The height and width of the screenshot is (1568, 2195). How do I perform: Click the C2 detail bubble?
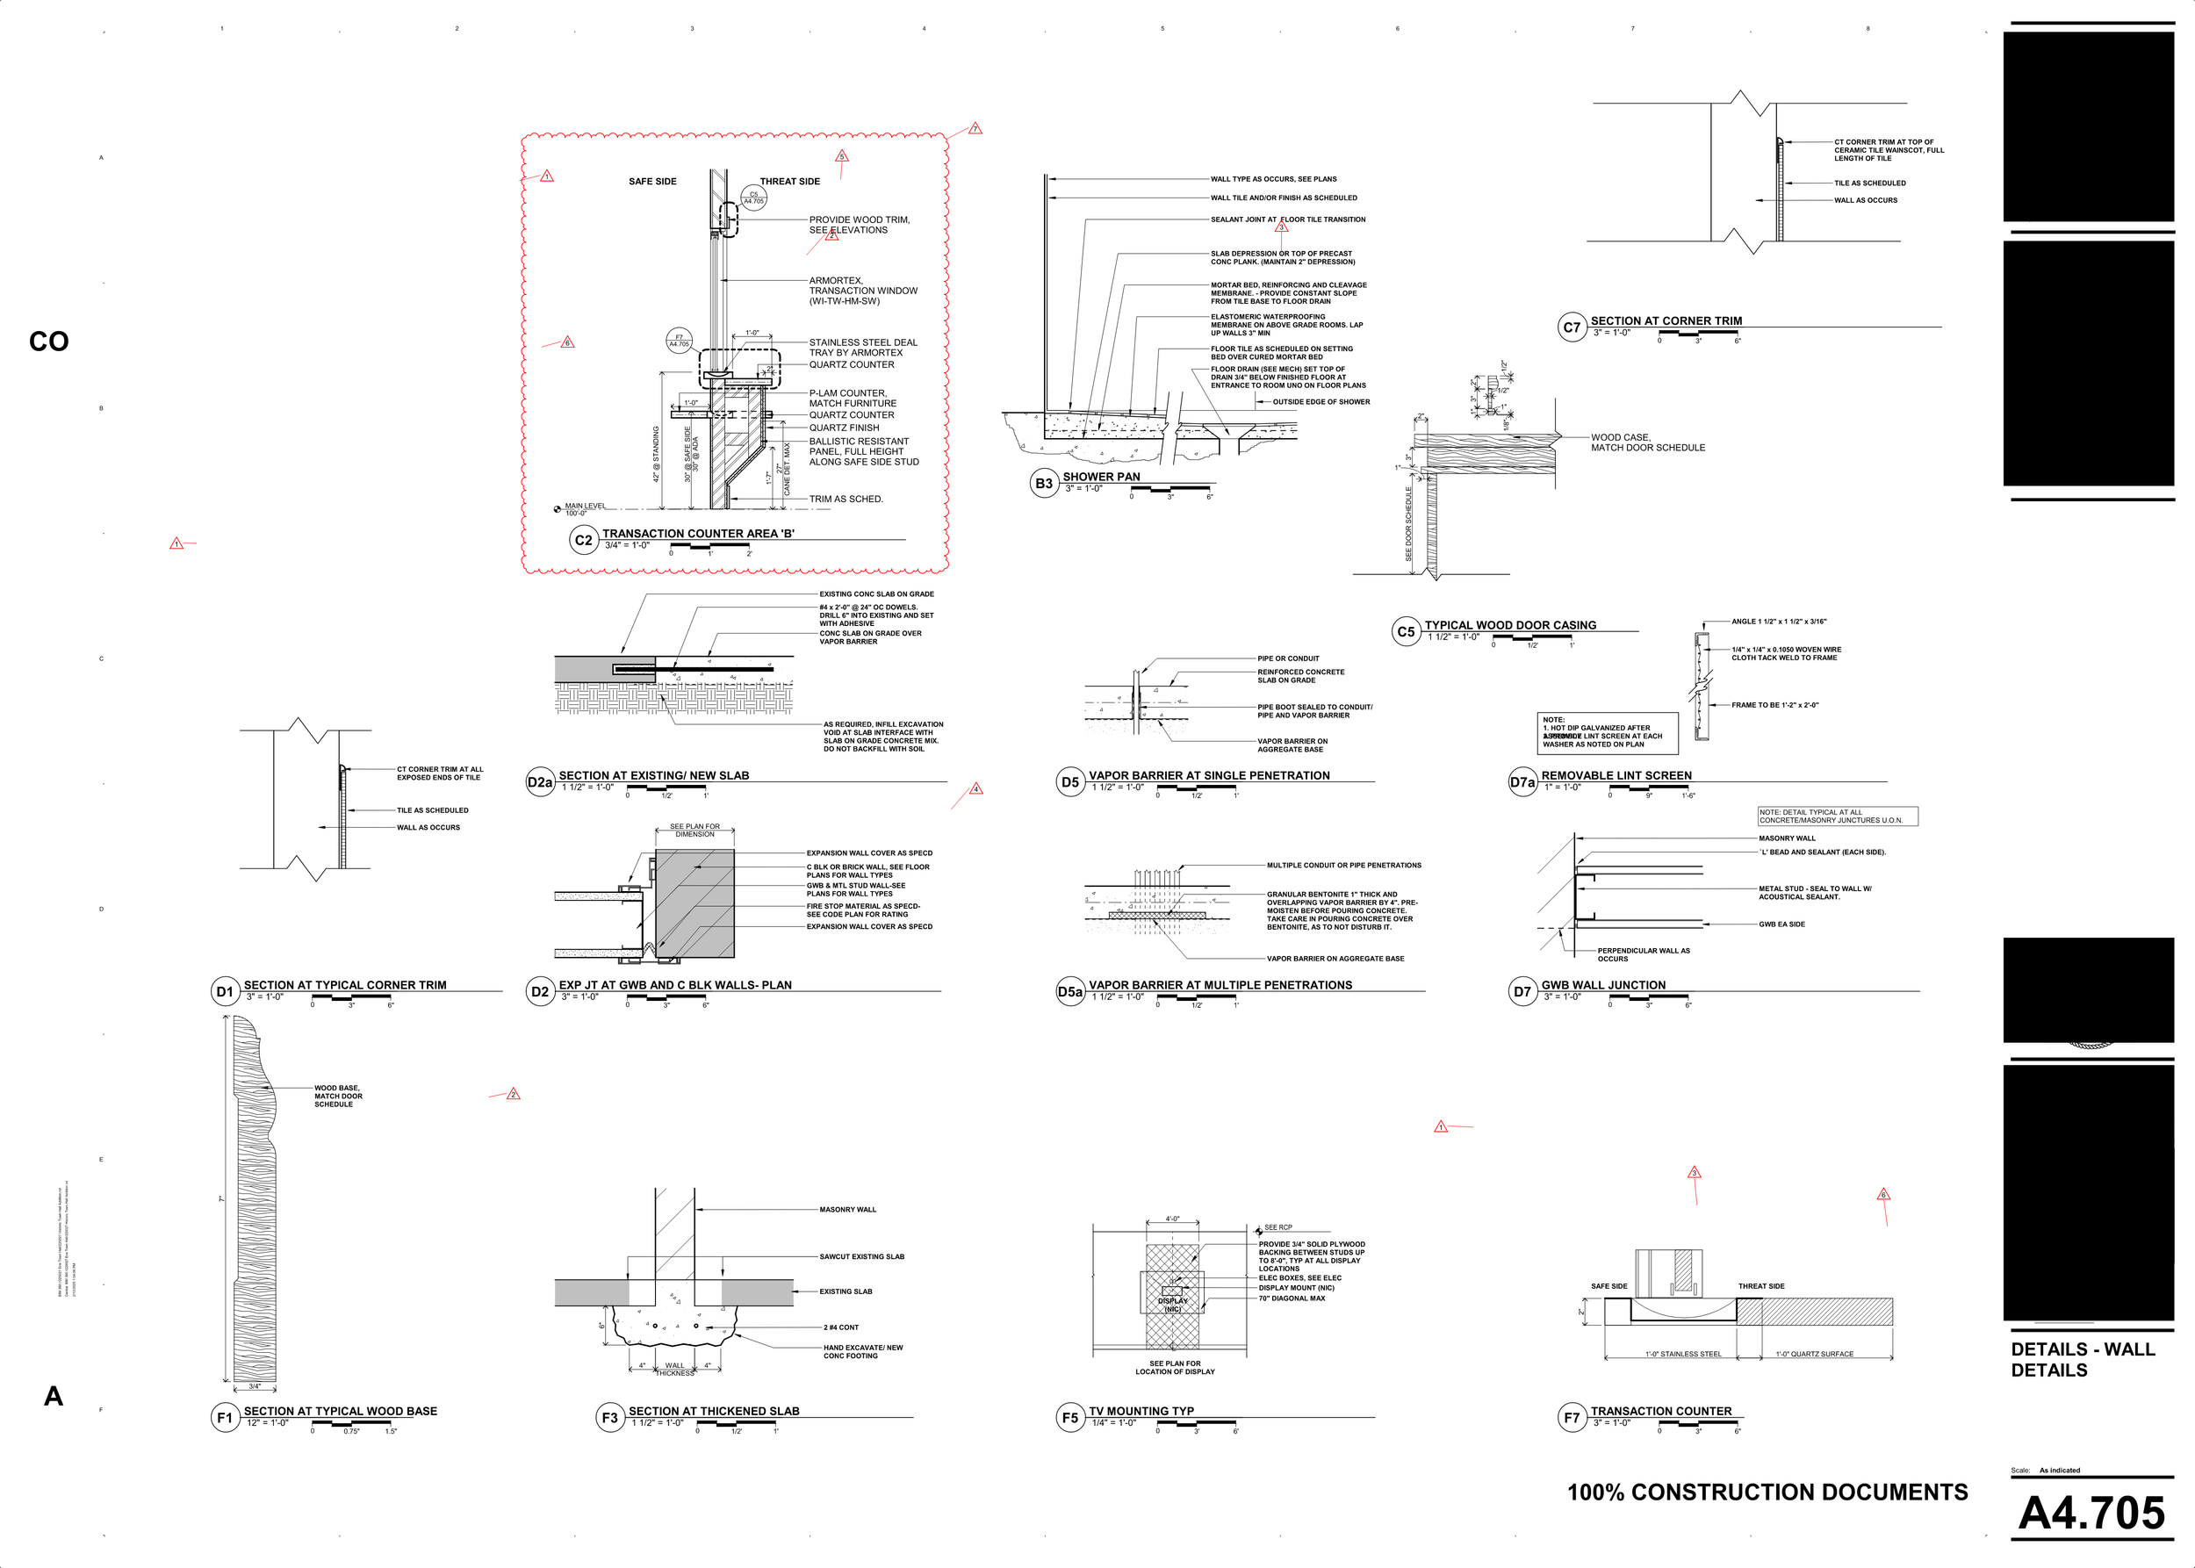583,540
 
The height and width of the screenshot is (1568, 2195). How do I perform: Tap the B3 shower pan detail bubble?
1044,484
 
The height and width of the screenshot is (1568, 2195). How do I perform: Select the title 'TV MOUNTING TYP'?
1141,1411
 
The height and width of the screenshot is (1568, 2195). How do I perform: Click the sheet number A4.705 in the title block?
2091,1512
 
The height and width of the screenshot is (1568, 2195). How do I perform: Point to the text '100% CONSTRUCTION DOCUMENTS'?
1767,1492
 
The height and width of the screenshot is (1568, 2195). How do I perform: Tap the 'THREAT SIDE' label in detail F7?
1760,1286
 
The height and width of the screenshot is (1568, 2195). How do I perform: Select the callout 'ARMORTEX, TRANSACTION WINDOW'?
861,291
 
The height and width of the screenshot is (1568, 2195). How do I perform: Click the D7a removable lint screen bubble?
1522,782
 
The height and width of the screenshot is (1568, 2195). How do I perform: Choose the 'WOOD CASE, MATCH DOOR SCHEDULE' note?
1647,442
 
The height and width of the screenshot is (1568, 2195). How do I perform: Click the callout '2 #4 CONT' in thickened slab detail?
840,1327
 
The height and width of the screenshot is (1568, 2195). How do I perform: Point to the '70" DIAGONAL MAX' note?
1292,1298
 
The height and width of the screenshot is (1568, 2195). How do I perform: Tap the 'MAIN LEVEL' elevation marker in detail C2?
583,507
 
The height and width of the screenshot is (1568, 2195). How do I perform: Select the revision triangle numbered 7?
975,128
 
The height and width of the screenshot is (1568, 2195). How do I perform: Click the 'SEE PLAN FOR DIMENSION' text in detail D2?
694,831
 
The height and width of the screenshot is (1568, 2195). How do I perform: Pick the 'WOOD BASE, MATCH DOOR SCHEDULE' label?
338,1096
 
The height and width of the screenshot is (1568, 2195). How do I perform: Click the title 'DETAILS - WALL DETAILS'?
2082,1359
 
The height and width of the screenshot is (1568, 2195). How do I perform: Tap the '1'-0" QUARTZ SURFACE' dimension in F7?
1814,1354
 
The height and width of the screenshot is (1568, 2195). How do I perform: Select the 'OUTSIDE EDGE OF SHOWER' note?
1321,401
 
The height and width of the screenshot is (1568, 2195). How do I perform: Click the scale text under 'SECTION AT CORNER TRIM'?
1611,333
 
